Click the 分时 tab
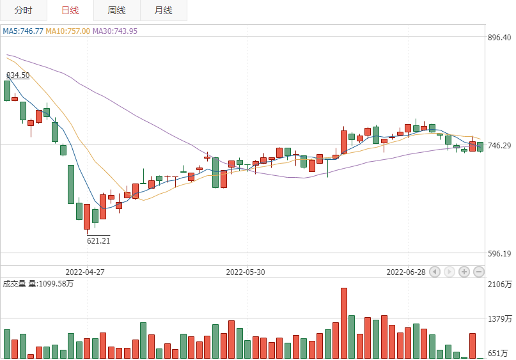coord(23,10)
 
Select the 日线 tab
coord(70,10)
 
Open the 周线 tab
coord(117,10)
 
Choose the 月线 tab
coord(164,10)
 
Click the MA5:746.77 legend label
coord(23,31)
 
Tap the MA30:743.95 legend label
coord(115,31)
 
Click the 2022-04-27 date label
coord(84,272)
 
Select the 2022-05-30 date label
coord(246,272)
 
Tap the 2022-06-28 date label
coord(406,272)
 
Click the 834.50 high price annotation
coord(18,75)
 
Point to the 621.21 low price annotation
coord(98,240)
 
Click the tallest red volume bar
coord(344,323)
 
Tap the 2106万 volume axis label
coord(499,285)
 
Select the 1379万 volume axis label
coord(499,319)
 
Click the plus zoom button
coord(464,272)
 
